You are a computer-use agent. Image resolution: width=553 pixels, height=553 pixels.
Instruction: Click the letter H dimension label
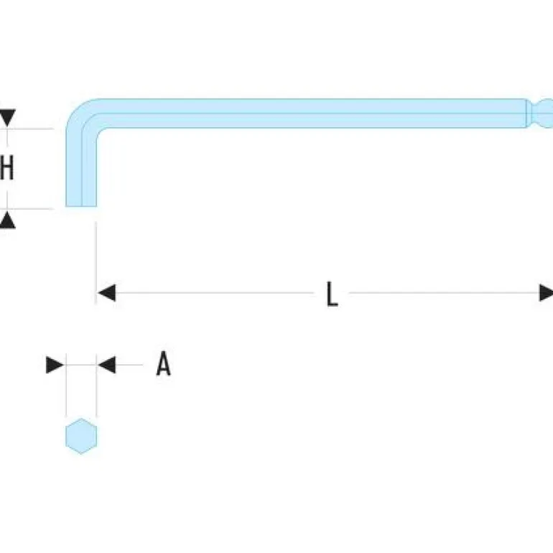(x=7, y=169)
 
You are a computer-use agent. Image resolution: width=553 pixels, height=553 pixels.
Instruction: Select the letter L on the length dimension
(x=331, y=294)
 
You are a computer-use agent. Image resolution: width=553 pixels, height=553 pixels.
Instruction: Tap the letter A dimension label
(x=164, y=365)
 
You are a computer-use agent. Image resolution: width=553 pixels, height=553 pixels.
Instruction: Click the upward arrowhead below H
(x=7, y=220)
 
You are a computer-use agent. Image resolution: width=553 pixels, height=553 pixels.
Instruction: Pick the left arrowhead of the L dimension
(x=106, y=293)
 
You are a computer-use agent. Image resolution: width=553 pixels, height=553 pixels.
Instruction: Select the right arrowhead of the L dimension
(x=547, y=293)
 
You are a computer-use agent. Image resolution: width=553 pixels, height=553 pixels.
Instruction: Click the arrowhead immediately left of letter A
(x=106, y=365)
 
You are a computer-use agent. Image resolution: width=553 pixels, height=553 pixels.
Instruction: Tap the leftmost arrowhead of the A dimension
(x=55, y=365)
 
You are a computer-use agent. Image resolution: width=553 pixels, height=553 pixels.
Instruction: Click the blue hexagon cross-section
(x=81, y=436)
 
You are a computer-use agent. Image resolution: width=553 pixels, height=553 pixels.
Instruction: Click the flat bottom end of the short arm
(x=81, y=205)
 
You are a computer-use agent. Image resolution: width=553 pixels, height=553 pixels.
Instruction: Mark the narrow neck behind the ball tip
(x=530, y=113)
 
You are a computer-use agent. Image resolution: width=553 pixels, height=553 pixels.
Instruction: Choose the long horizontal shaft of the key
(x=309, y=113)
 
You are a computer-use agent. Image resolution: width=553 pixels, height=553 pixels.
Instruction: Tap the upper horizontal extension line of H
(x=32, y=129)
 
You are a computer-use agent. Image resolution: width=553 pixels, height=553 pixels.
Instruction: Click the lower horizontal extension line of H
(x=32, y=209)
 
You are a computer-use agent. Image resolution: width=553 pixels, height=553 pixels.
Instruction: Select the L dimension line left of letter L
(x=215, y=293)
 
